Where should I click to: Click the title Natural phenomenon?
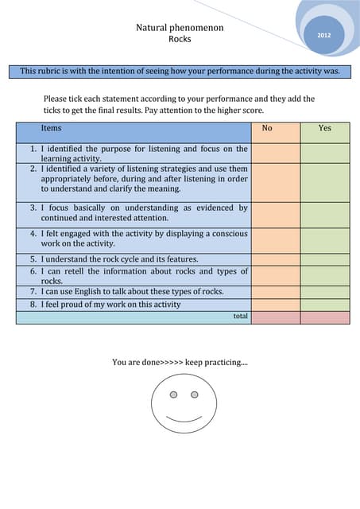click(x=180, y=28)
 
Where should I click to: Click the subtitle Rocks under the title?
click(x=180, y=39)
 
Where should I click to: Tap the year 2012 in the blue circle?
click(x=324, y=36)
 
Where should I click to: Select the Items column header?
click(x=51, y=128)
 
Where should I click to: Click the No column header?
click(x=267, y=128)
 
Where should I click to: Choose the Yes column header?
click(x=324, y=128)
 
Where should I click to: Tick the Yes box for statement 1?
click(x=324, y=153)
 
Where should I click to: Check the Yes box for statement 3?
click(x=324, y=213)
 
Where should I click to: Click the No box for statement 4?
click(x=275, y=239)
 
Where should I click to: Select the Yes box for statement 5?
click(x=324, y=259)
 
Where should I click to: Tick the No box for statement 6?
click(x=275, y=276)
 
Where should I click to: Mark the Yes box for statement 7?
click(x=324, y=292)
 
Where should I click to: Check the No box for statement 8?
click(x=275, y=305)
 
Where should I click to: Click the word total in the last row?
click(x=240, y=317)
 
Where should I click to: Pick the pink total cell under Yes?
click(x=324, y=317)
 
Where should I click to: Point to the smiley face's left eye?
click(x=174, y=394)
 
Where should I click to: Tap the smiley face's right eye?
click(x=194, y=394)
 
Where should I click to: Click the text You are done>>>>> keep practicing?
click(x=180, y=363)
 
